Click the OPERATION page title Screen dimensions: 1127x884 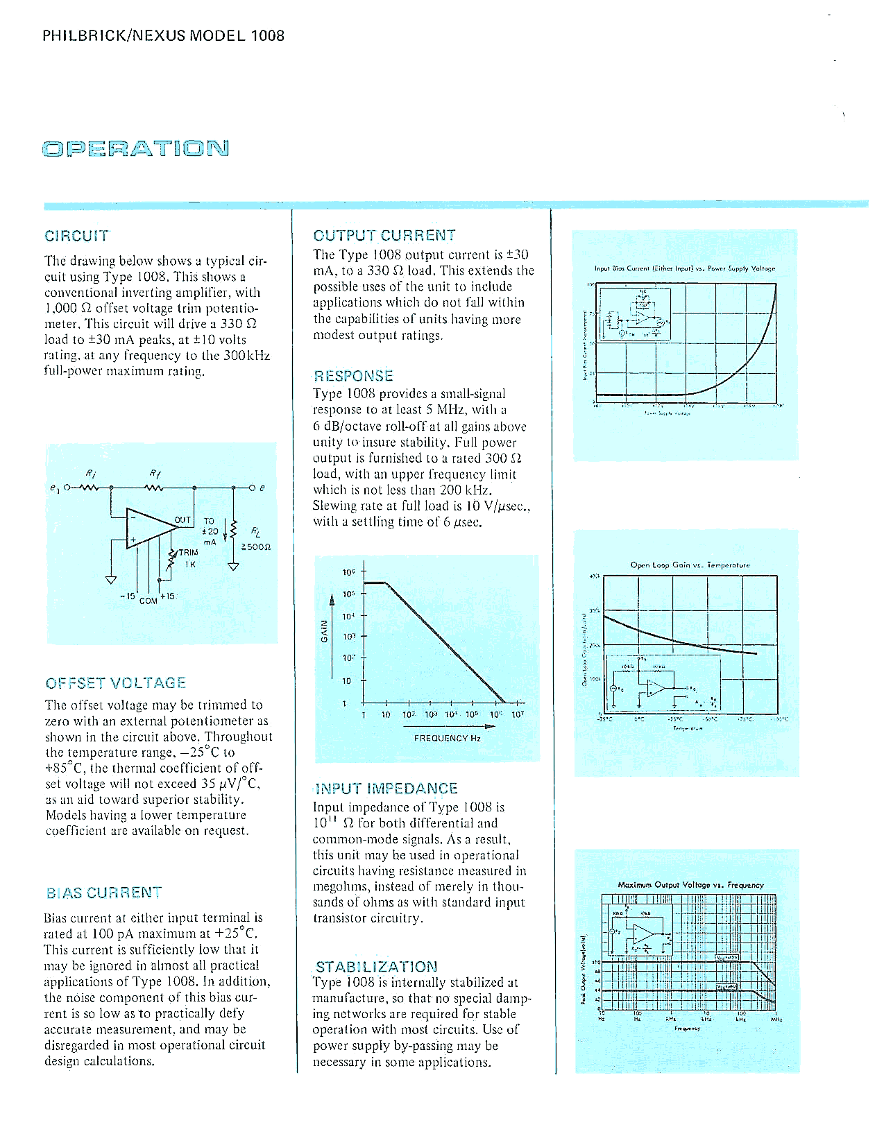tap(135, 148)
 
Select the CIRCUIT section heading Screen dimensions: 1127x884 tap(76, 236)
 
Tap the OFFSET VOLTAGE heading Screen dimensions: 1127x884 tap(115, 683)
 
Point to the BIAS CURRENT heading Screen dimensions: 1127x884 tap(103, 893)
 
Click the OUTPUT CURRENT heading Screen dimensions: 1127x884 tap(384, 236)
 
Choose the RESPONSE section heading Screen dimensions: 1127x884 tap(353, 376)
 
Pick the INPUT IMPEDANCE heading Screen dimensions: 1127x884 tap(386, 789)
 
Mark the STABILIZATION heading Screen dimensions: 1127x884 tap(376, 967)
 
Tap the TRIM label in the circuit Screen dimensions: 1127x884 tap(188, 553)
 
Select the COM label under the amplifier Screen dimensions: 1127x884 tap(148, 601)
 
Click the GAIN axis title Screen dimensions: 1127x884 tap(324, 630)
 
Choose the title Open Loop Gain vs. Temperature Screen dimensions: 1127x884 tap(690, 565)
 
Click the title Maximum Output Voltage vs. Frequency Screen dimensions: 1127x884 tap(690, 885)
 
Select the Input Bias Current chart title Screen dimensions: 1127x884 tap(684, 268)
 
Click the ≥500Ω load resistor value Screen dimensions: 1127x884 tap(255, 547)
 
